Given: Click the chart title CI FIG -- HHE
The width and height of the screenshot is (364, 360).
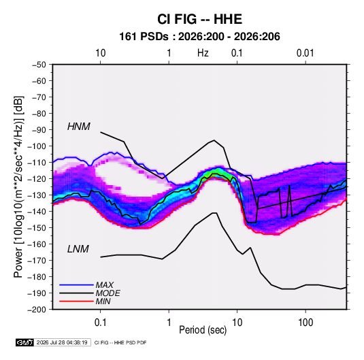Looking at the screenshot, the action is [199, 19].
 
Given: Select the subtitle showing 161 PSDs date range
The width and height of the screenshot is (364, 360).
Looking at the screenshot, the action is [199, 37].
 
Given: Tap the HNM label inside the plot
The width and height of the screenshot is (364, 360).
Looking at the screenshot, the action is [79, 127].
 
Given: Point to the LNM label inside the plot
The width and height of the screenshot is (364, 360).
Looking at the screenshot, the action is [78, 249].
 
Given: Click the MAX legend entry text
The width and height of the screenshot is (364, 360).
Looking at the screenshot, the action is [105, 284].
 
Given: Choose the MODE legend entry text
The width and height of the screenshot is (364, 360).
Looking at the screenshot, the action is [107, 293].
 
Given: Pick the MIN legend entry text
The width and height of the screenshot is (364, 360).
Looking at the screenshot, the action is [103, 301].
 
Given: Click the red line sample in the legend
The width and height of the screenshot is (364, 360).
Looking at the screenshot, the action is [76, 301].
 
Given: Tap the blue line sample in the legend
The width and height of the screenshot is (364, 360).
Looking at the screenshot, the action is [76, 284].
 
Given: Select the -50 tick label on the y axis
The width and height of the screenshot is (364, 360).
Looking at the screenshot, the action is [39, 65].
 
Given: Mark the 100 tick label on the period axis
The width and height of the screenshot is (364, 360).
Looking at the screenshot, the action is [305, 323].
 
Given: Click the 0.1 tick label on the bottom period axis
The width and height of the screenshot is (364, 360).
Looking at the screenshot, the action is [100, 323].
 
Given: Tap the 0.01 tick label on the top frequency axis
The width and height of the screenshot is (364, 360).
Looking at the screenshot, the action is [305, 53].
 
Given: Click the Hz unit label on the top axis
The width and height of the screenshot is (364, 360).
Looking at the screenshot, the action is [203, 53].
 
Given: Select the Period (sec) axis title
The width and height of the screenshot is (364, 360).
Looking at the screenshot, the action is [203, 330].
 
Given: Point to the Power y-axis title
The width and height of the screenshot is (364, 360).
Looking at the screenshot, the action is [18, 186].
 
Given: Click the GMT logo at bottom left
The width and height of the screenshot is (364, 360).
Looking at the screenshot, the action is [24, 342].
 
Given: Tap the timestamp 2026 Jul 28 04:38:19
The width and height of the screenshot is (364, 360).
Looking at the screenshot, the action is [62, 342].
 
